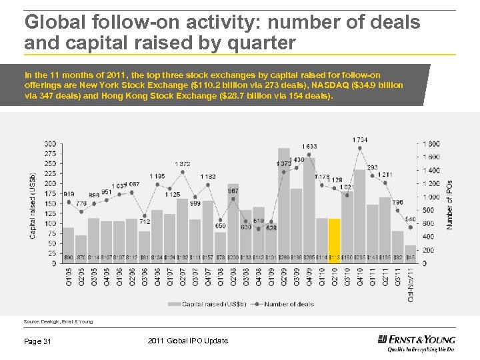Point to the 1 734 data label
click(361, 139)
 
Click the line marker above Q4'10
click(360, 148)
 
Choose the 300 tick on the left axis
click(50, 144)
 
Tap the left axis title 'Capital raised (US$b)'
click(33, 204)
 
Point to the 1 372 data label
click(182, 163)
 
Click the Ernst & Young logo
click(416, 342)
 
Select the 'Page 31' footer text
click(38, 341)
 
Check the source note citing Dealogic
click(58, 321)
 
